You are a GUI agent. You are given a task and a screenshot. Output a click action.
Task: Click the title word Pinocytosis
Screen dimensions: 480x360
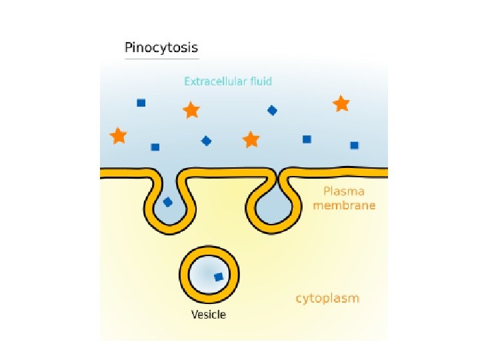pos(161,48)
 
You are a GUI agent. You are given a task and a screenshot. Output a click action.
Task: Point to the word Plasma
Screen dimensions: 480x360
pos(344,191)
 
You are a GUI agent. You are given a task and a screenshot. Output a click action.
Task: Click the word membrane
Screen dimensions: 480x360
pos(344,205)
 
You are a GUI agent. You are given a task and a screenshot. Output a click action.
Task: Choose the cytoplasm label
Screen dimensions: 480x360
pos(327,298)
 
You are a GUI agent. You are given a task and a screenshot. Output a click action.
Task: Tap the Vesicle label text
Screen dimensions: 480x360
pos(209,314)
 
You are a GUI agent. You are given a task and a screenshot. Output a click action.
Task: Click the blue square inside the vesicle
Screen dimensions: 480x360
pos(218,277)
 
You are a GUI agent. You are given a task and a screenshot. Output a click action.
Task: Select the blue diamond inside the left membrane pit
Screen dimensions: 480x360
pos(168,202)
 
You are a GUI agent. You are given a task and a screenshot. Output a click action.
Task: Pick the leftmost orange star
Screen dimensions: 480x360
pos(119,136)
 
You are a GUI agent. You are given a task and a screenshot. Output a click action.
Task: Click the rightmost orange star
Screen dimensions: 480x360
pos(341,103)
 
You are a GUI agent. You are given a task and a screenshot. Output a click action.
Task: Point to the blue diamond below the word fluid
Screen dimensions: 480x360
pos(272,111)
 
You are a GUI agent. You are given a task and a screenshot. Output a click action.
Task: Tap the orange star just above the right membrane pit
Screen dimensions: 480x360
pos(251,139)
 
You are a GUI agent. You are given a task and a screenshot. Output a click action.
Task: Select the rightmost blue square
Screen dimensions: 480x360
pos(354,145)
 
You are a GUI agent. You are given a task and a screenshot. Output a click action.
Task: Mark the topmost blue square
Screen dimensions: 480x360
pos(141,103)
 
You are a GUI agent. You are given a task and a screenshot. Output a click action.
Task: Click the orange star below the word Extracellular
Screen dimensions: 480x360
pos(191,110)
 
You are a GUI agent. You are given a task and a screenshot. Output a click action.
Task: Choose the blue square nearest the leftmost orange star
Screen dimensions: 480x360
pos(155,147)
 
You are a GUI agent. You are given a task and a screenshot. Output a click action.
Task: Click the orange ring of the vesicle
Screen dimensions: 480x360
pos(184,275)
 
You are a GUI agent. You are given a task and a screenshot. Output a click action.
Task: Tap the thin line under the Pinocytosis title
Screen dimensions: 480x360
pos(161,59)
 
